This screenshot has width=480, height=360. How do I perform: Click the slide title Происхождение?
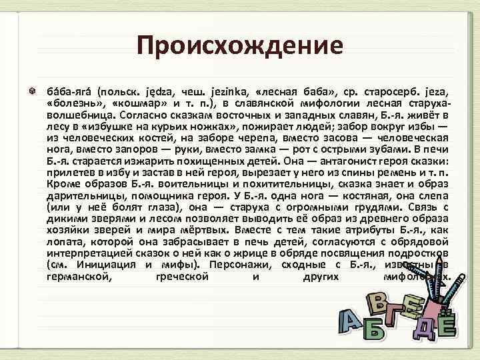239,46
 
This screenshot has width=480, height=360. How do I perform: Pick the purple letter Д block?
424,326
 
